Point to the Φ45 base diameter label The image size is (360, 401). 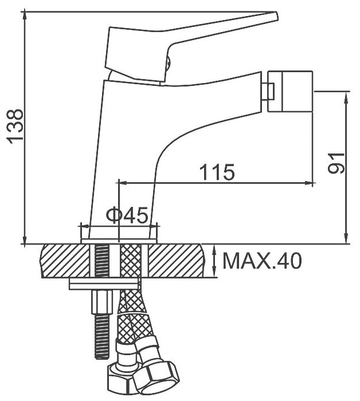click(128, 215)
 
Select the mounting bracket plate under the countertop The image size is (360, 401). click(104, 283)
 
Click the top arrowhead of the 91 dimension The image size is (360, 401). click(346, 95)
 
